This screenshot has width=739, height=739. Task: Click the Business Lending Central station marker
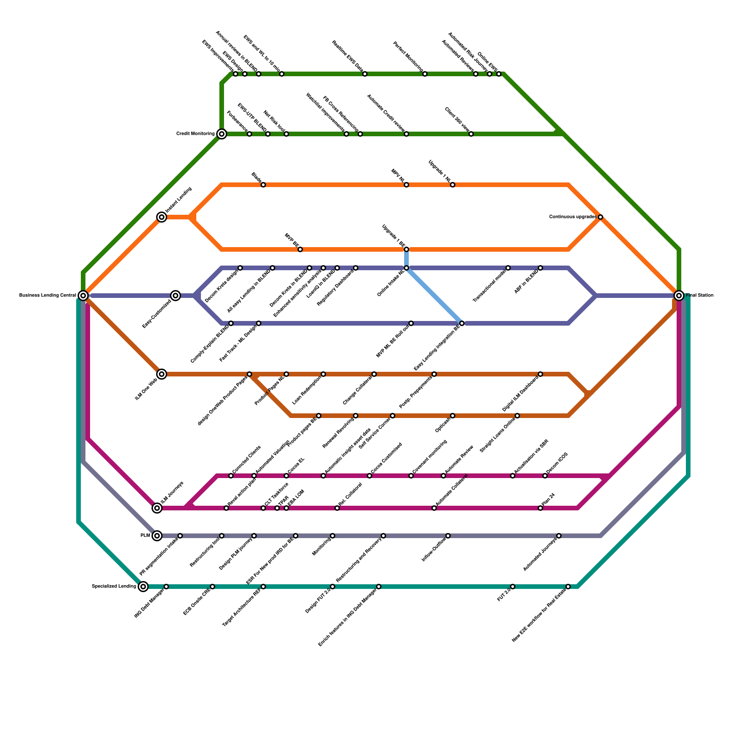[83, 295]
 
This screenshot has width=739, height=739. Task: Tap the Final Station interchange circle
[678, 295]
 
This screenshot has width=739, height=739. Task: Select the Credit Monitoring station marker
[222, 134]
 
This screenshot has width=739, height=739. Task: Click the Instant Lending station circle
[161, 217]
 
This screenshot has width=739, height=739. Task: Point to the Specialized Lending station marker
[143, 587]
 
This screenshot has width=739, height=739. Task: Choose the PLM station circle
[157, 536]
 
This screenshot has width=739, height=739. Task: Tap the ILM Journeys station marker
[157, 508]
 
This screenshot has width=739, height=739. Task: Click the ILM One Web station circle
[161, 374]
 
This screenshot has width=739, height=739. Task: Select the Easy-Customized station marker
[175, 295]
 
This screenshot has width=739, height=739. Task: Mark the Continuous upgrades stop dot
[600, 217]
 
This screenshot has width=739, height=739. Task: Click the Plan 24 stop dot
[540, 508]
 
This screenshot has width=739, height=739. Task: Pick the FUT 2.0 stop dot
[513, 587]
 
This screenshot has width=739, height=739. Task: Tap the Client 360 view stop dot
[471, 134]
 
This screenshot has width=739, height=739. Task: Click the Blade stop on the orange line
[263, 185]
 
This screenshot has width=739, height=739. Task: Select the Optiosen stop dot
[453, 416]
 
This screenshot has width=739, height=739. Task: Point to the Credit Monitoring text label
[195, 134]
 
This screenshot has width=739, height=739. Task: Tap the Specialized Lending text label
[114, 587]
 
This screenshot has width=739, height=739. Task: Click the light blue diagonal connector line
[434, 296]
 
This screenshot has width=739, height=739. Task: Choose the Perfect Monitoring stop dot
[425, 74]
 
